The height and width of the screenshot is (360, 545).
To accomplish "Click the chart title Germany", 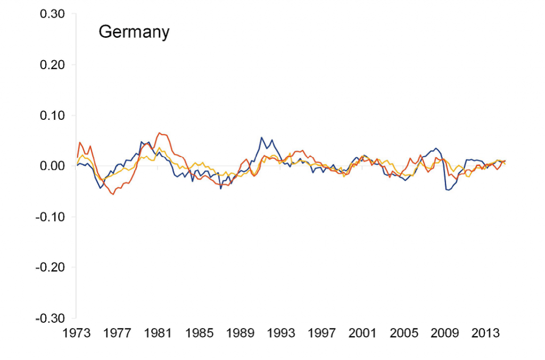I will [134, 32].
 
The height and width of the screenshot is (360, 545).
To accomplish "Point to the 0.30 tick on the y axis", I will [52, 14].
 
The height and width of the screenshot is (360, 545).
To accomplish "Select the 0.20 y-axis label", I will [52, 65].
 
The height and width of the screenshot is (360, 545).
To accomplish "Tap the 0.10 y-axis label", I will [52, 116].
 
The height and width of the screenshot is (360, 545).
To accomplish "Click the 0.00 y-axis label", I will [52, 166].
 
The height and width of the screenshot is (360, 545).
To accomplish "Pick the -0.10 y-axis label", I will [51, 217].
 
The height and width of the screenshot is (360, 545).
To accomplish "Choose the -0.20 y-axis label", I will [51, 267].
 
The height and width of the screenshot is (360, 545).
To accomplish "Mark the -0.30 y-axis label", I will [51, 318].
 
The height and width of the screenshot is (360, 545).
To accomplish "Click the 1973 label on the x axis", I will [77, 333].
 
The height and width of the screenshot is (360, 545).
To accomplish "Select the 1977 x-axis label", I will [118, 333].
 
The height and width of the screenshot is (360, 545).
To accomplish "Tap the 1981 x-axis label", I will [159, 333].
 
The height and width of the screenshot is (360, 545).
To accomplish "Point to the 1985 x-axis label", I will [200, 333].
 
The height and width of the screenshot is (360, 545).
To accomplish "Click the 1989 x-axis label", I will [241, 333].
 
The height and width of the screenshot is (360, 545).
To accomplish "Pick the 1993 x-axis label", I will [282, 333].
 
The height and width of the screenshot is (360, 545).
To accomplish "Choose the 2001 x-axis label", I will [363, 333].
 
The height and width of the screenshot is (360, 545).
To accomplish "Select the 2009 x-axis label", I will [445, 333].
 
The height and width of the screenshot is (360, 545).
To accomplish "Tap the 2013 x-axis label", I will [486, 333].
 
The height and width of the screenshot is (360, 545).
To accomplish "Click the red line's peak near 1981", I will [160, 133].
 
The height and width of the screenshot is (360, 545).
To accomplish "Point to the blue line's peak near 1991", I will [261, 137].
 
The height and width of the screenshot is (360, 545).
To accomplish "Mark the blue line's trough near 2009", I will [448, 190].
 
